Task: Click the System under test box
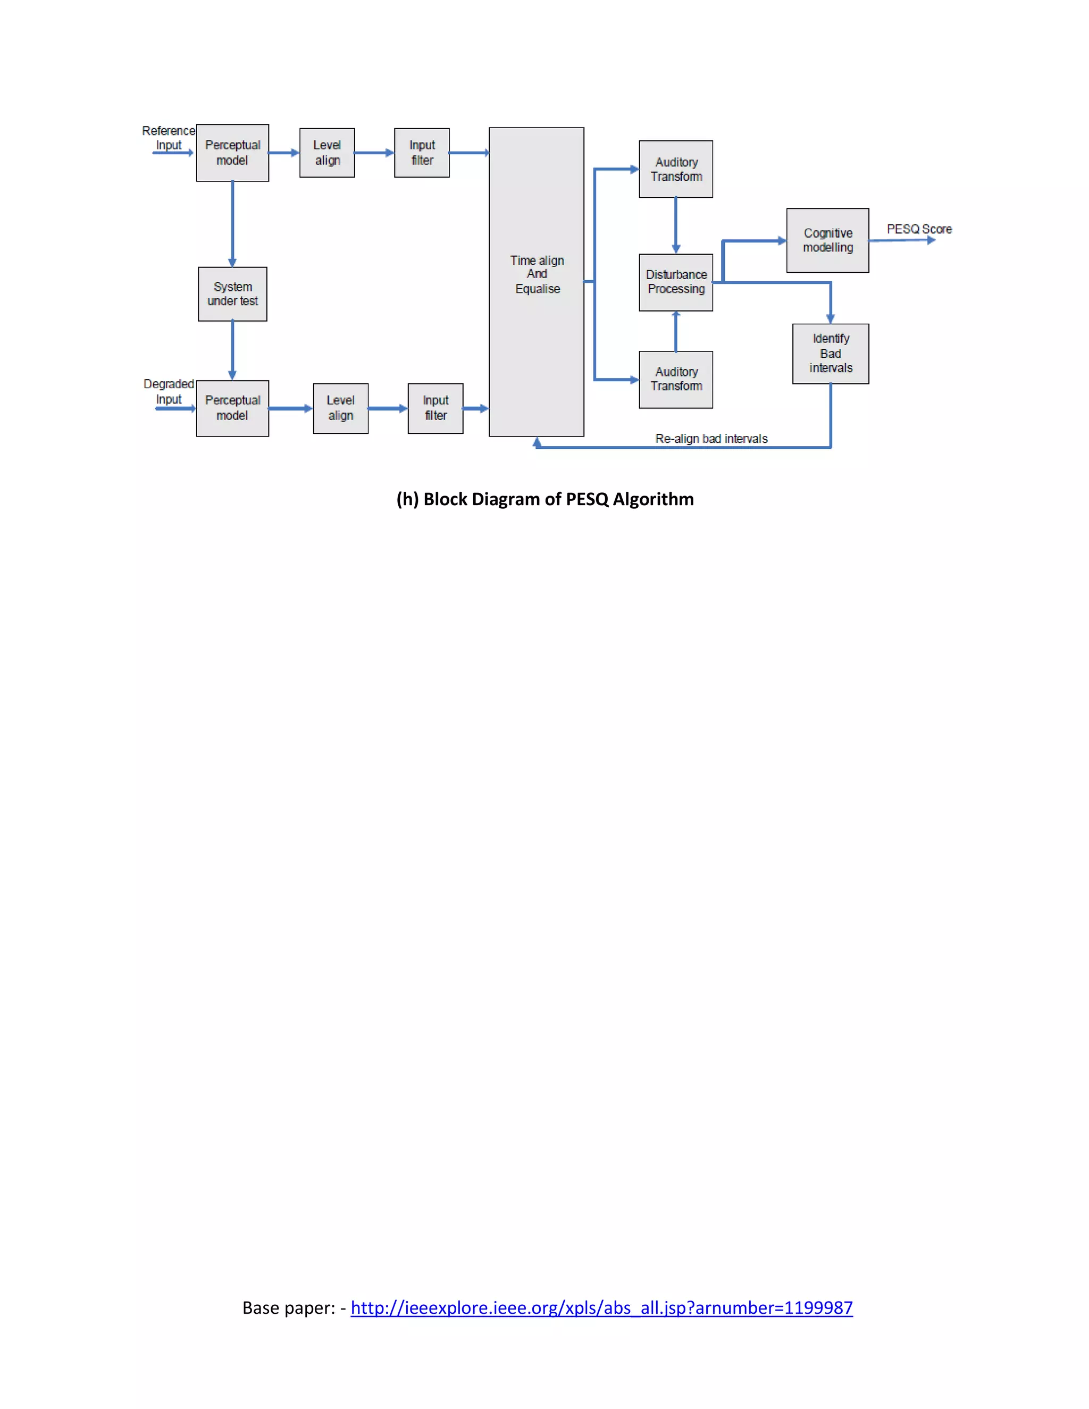(x=232, y=294)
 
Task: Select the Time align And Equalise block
(x=536, y=281)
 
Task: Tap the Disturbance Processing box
(x=675, y=282)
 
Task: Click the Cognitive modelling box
(x=827, y=240)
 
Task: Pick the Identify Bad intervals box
(x=830, y=354)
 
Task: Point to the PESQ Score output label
(x=919, y=229)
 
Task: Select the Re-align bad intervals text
(x=711, y=439)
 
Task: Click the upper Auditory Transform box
(x=675, y=169)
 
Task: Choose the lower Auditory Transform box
(x=675, y=379)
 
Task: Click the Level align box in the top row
(x=327, y=153)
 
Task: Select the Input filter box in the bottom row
(x=435, y=408)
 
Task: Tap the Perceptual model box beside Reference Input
(x=232, y=153)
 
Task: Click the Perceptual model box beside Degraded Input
(x=232, y=408)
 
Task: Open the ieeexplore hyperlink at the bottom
(x=601, y=1308)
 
